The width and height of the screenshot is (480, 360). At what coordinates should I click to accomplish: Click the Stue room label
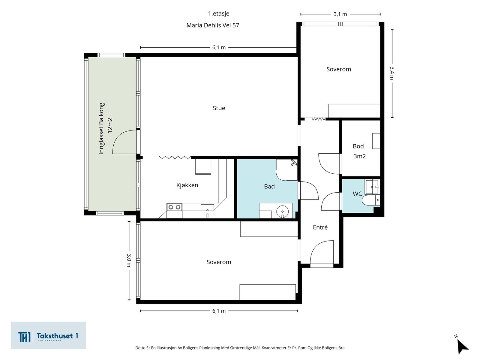click(x=219, y=108)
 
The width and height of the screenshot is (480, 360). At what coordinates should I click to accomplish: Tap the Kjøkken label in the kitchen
click(x=187, y=185)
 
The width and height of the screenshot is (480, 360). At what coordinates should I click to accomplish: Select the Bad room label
click(x=269, y=186)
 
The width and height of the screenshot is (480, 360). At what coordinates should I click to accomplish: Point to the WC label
click(x=357, y=194)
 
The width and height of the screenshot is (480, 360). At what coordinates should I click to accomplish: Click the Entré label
click(x=320, y=227)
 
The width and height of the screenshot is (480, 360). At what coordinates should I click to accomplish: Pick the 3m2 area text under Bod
click(x=359, y=156)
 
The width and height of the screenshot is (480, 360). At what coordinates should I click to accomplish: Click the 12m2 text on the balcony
click(x=110, y=125)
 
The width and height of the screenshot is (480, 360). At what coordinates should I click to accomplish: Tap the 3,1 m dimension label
click(x=340, y=14)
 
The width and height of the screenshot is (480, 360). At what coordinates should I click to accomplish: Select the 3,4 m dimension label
click(x=392, y=73)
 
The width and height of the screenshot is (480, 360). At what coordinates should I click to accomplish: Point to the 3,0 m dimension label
click(x=129, y=260)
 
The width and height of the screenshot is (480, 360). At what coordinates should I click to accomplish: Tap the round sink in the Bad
click(x=282, y=211)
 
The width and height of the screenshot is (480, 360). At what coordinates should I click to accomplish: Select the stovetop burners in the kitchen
click(x=174, y=207)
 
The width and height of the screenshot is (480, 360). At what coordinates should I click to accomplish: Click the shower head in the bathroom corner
click(x=294, y=163)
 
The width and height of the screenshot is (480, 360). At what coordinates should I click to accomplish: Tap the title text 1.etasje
click(x=218, y=13)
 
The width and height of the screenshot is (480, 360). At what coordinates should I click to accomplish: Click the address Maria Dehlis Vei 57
click(x=213, y=25)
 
